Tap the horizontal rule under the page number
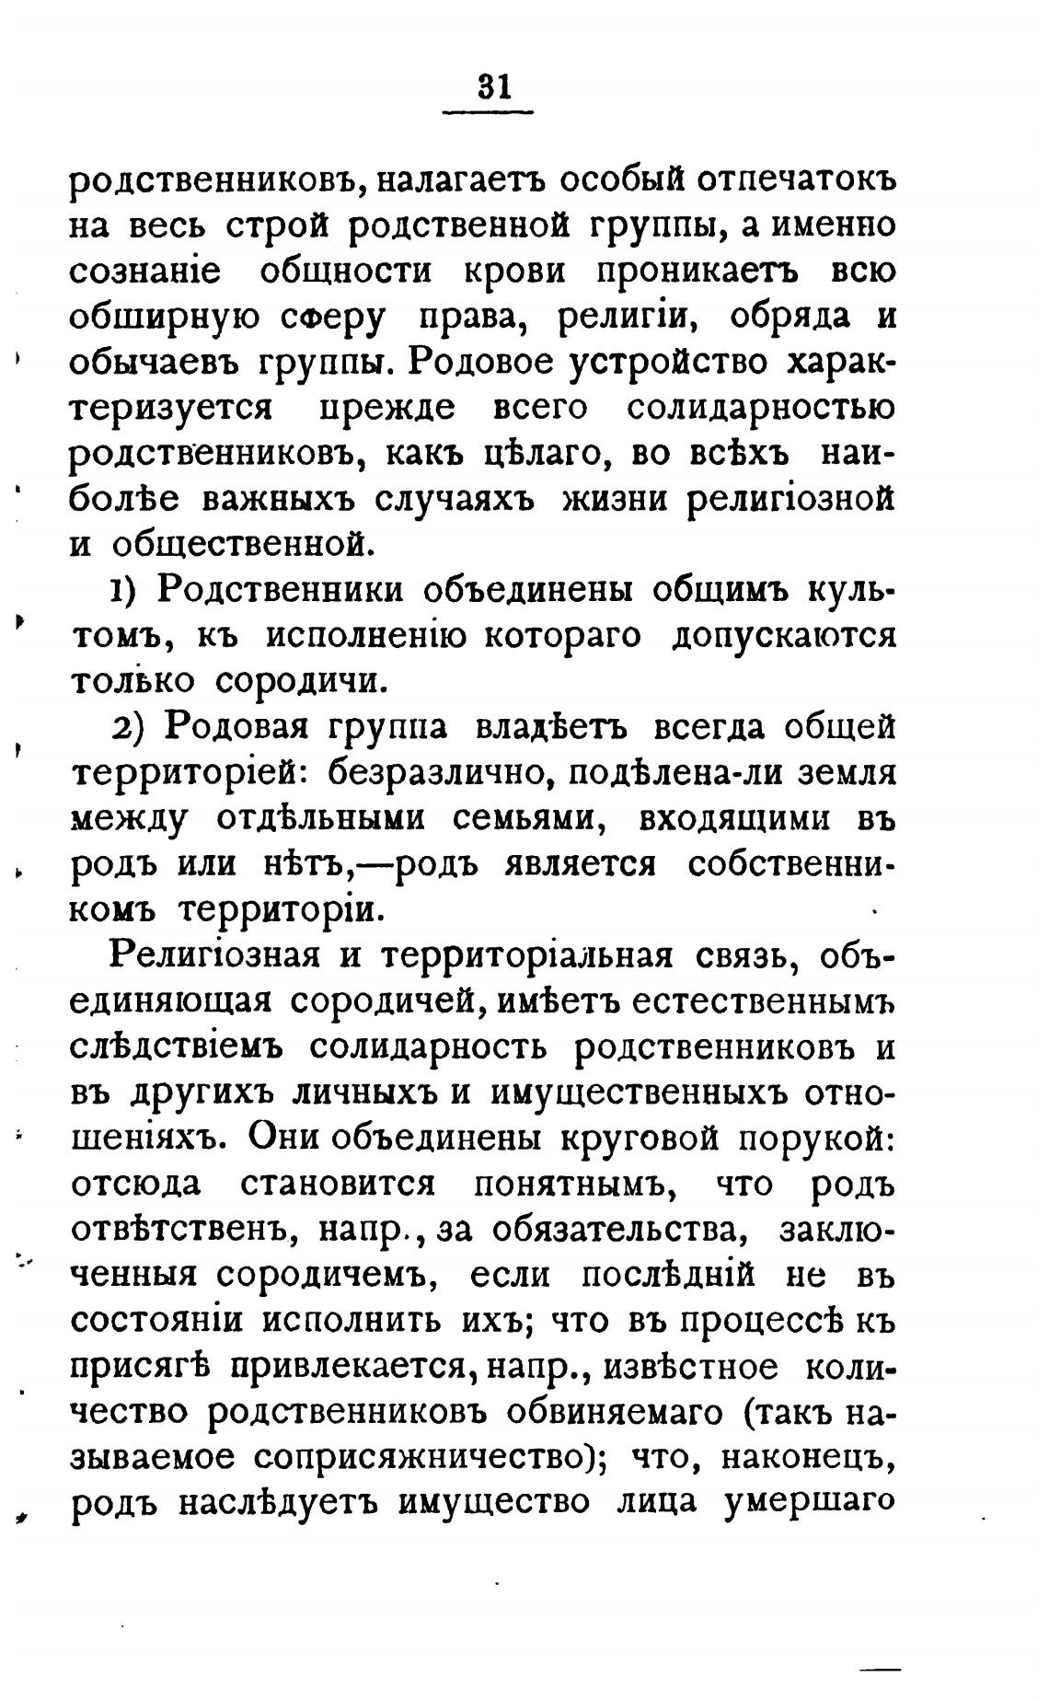tap(488, 113)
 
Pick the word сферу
tap(340, 318)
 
